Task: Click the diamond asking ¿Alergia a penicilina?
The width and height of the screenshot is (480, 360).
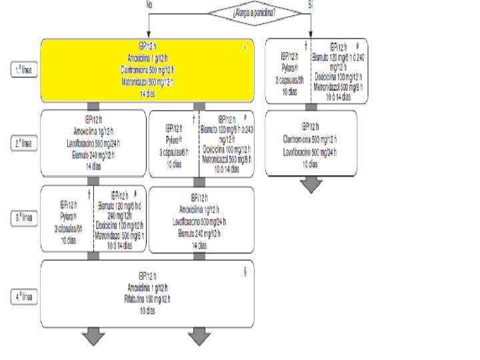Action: pos(254,11)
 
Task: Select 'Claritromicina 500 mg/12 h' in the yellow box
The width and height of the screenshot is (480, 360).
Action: pos(148,69)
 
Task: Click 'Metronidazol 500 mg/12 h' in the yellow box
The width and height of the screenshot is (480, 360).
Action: pos(148,81)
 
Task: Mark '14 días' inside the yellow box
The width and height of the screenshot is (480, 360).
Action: pos(148,95)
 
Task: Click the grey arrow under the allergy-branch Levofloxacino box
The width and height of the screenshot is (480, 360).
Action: pos(311,184)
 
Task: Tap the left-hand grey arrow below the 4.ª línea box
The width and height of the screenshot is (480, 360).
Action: pos(94,337)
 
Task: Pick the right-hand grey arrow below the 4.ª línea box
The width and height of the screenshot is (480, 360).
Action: pos(199,337)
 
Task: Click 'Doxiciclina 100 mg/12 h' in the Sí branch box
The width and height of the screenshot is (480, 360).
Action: pos(339,78)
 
